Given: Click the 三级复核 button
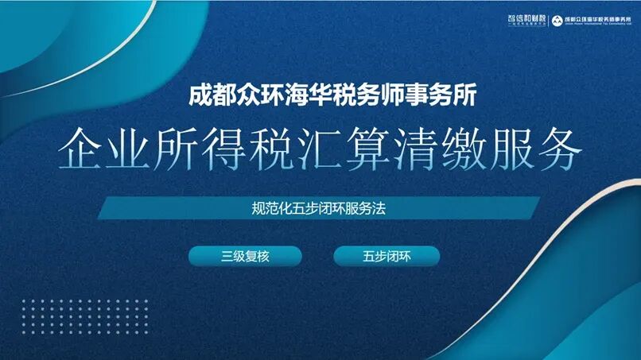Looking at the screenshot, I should (x=244, y=256).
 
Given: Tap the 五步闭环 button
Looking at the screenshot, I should (x=386, y=256).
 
